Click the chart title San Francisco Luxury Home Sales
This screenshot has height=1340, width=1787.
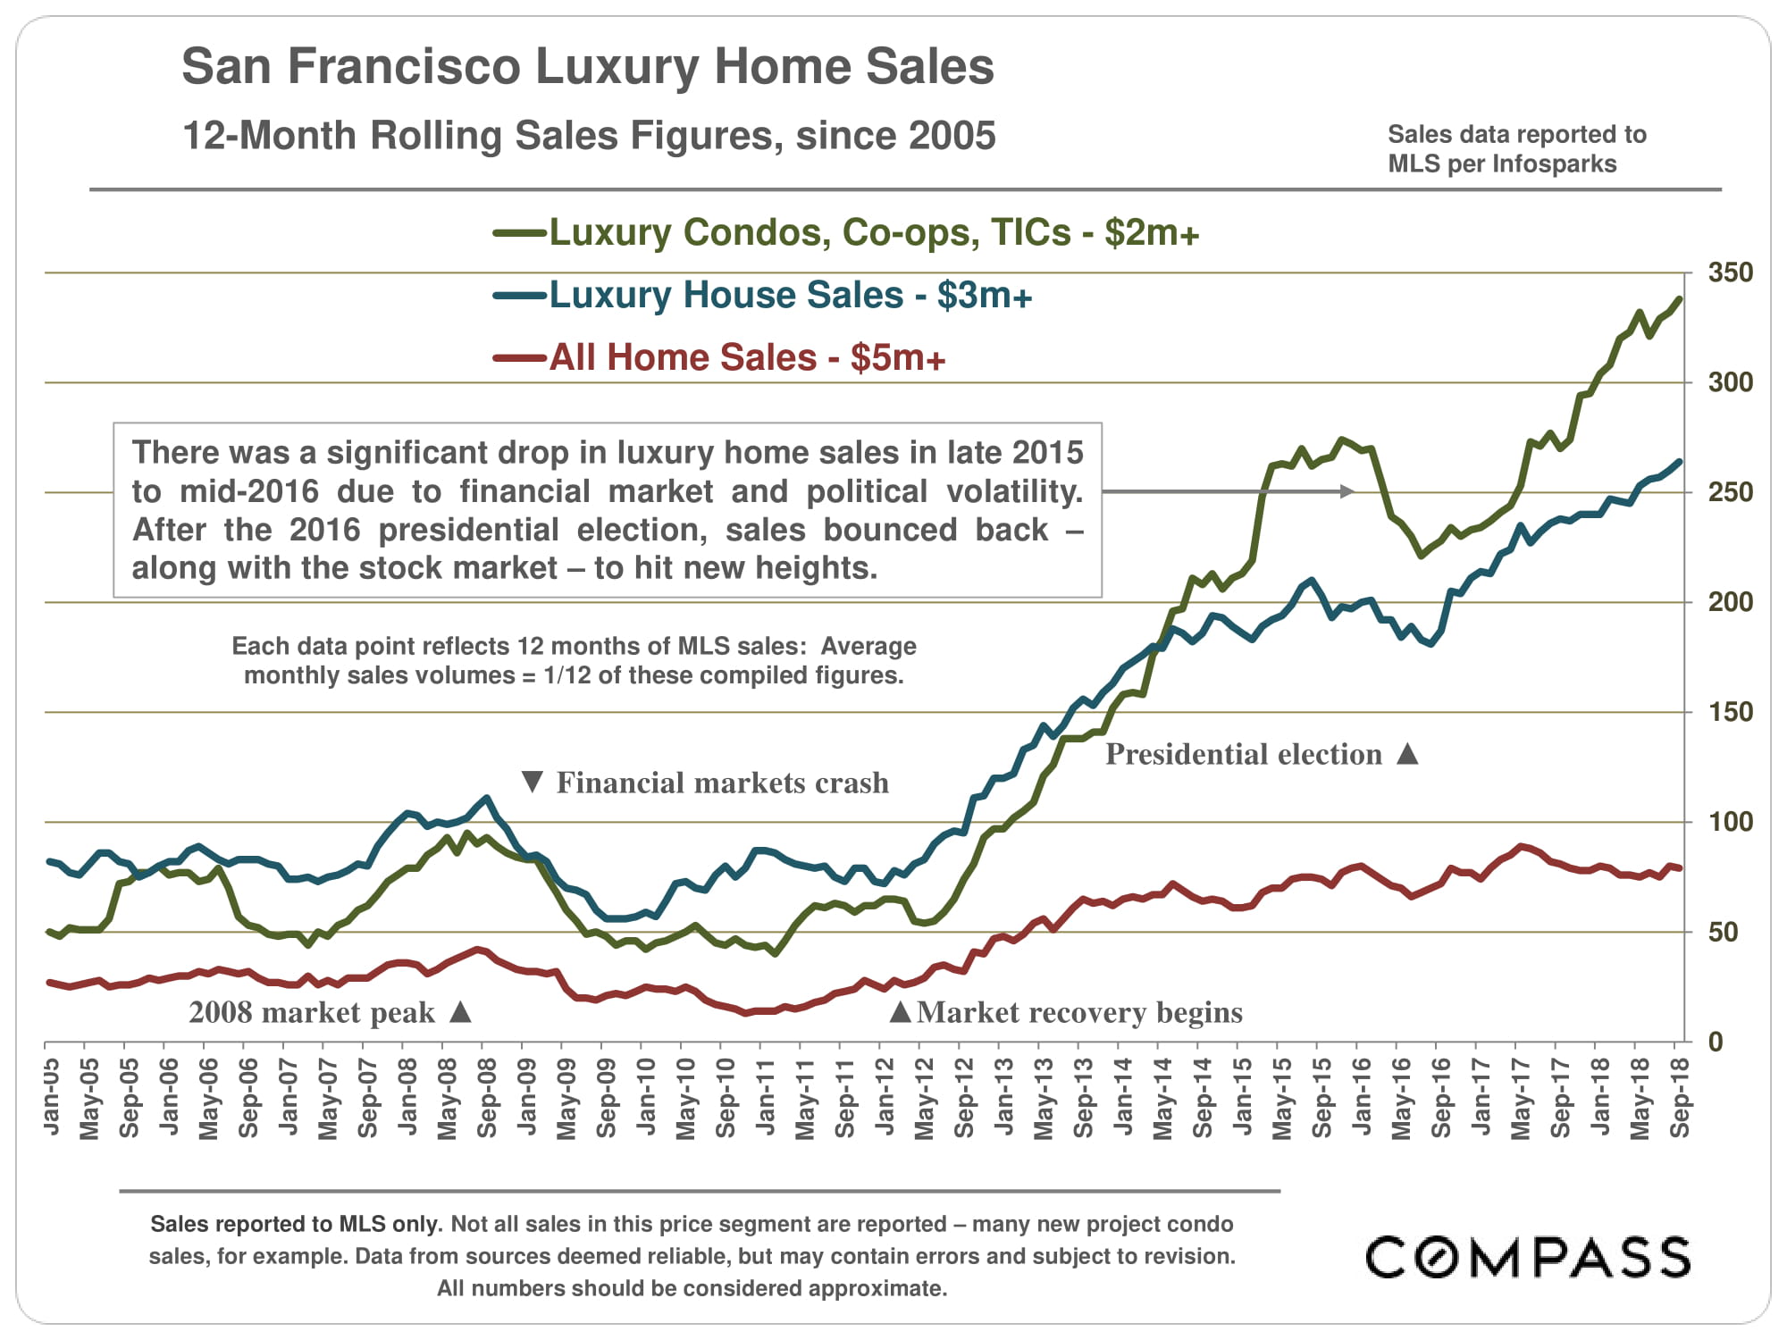click(x=587, y=67)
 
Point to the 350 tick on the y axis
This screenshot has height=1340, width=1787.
click(x=1730, y=272)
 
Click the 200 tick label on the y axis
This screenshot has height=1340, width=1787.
click(x=1730, y=602)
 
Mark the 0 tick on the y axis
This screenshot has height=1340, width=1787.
click(x=1716, y=1042)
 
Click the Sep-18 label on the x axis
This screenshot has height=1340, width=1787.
click(x=1681, y=1096)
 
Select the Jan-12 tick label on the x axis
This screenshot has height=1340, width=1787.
click(x=885, y=1096)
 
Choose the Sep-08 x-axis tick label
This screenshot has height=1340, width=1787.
click(x=487, y=1096)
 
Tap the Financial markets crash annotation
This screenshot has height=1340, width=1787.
click(x=722, y=783)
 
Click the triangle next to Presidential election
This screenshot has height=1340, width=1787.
click(x=1407, y=754)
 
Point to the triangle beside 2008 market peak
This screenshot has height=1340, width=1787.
click(x=460, y=1012)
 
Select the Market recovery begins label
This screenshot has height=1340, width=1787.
click(x=1079, y=1012)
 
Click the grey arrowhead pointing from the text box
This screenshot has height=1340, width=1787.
click(x=1348, y=491)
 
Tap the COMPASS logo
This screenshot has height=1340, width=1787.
click(x=1528, y=1257)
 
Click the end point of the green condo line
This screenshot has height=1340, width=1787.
click(x=1680, y=299)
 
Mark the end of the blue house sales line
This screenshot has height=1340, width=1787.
click(x=1680, y=462)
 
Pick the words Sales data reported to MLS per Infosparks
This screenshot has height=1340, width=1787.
click(x=1516, y=149)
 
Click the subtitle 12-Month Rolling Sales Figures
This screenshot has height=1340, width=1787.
click(x=588, y=136)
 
